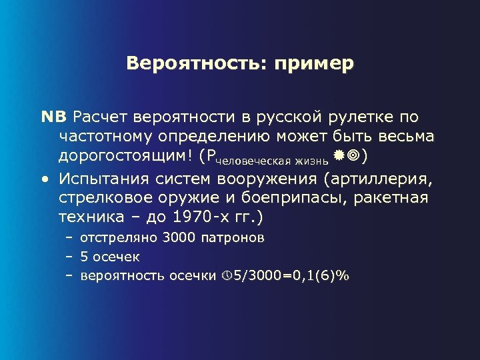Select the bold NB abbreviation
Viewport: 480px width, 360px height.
[54, 117]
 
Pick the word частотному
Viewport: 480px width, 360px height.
[105, 137]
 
